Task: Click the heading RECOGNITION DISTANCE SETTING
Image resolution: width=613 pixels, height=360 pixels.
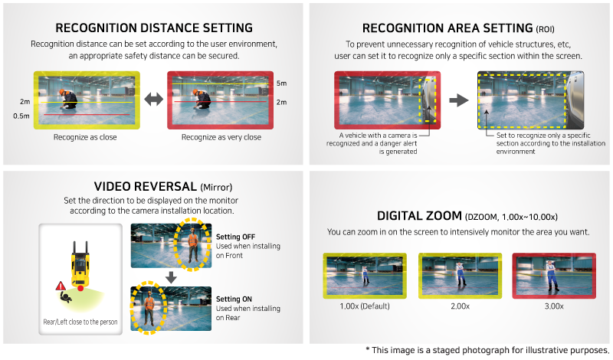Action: (154, 29)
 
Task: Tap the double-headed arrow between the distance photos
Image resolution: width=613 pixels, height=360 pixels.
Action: (153, 100)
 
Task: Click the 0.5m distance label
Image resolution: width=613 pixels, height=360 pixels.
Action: (21, 116)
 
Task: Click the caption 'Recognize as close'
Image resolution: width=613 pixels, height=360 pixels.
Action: (84, 138)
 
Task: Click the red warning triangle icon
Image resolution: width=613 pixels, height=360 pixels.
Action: (60, 285)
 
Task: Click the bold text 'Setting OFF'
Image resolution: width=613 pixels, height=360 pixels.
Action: (237, 237)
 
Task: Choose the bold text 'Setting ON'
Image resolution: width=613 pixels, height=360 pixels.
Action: (235, 299)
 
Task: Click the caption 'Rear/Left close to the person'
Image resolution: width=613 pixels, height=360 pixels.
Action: (80, 322)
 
